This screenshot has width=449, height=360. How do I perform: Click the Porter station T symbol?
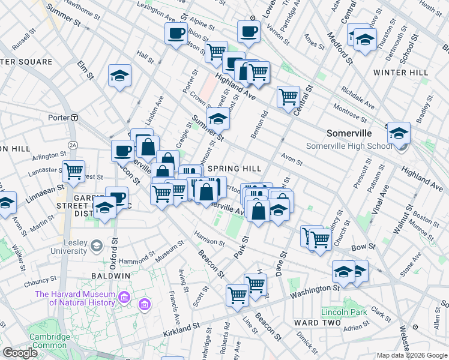(x=74, y=118)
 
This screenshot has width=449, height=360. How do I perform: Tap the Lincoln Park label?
(x=344, y=312)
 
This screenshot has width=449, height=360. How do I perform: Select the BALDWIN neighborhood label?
(x=110, y=275)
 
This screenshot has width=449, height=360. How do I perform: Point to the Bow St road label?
(x=363, y=247)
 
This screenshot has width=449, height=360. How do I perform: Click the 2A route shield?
(x=73, y=145)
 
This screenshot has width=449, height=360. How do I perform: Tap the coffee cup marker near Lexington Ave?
(x=176, y=34)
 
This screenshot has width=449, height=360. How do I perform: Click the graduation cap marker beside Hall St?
(x=119, y=76)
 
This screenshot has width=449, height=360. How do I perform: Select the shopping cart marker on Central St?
(x=288, y=96)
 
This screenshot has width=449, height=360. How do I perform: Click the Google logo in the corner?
(x=20, y=353)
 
